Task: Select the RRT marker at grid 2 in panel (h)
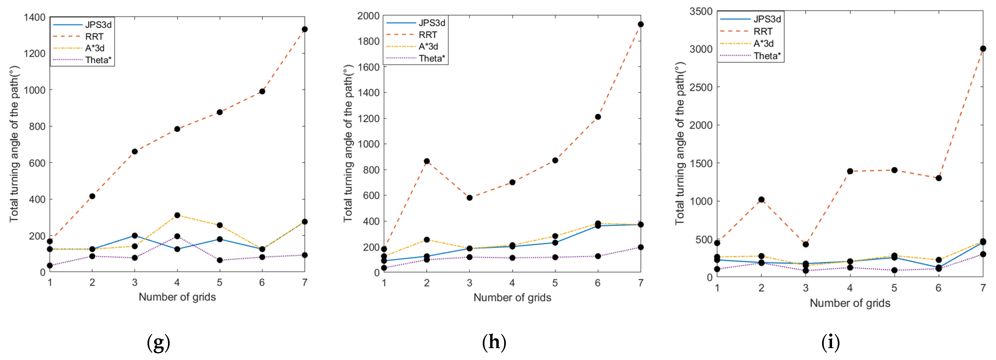point(427,161)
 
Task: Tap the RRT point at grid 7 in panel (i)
point(982,49)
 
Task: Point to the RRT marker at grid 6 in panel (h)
point(598,117)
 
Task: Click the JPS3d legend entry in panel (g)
point(98,25)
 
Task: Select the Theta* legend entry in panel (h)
point(432,58)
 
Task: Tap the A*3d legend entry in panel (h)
point(428,46)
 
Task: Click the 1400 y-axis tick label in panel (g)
point(34,17)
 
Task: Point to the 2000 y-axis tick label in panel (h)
point(368,16)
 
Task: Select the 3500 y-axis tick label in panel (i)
point(701,12)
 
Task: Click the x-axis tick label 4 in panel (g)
point(177,283)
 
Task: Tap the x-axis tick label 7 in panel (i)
point(982,288)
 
